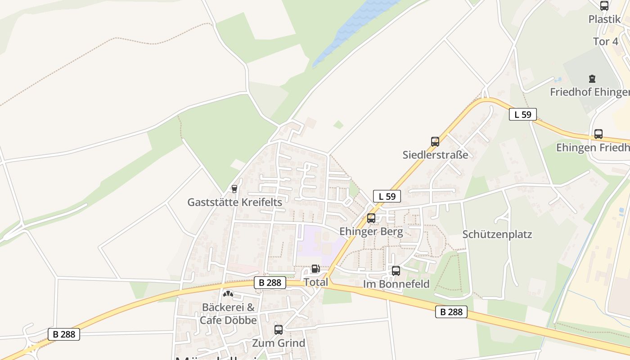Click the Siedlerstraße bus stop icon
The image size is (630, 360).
[x=435, y=142]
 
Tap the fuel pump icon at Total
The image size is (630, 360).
[x=315, y=269]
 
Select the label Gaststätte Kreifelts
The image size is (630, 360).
[x=234, y=202]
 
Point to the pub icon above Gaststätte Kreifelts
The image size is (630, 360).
[x=234, y=189]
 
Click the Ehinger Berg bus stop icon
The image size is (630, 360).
[x=371, y=218]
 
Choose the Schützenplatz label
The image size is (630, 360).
[x=497, y=234]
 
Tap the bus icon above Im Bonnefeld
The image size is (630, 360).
[x=396, y=271]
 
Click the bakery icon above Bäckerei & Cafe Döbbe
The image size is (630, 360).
[x=228, y=294]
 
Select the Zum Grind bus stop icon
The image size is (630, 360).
[x=279, y=330]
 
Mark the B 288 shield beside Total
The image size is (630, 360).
[x=270, y=283]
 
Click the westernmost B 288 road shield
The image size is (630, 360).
[x=64, y=334]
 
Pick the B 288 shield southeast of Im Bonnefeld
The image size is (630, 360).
[x=451, y=312]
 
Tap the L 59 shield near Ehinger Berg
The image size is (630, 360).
[x=387, y=196]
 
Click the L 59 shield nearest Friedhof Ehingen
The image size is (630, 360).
[x=523, y=114]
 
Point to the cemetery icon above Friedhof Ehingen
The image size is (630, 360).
[x=592, y=79]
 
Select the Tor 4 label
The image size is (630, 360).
[x=605, y=41]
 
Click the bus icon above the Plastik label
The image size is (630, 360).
[x=604, y=6]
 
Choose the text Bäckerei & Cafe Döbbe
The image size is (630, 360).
[x=228, y=314]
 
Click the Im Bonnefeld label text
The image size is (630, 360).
[x=396, y=284]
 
